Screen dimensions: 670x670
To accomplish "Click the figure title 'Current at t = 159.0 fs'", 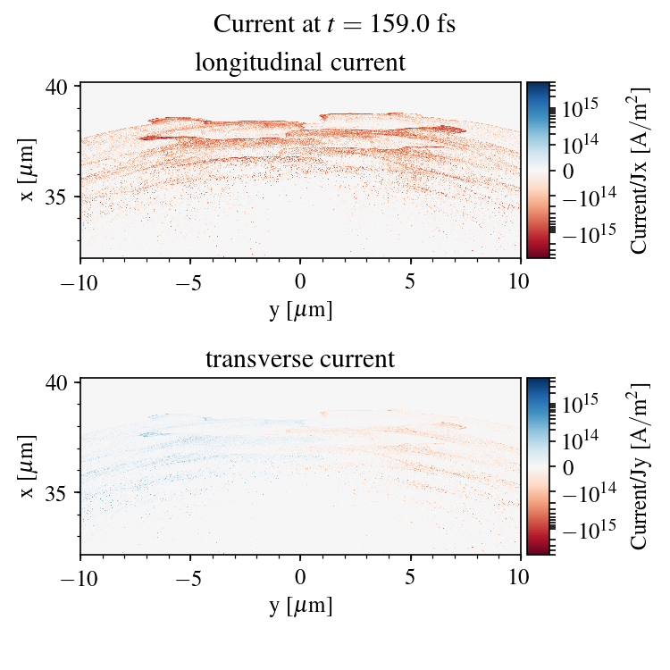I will (335, 24).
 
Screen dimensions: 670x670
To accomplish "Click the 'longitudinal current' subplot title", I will (300, 63).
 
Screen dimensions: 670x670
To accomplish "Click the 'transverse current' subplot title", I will (300, 360).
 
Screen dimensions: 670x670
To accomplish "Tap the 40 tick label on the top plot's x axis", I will (57, 87).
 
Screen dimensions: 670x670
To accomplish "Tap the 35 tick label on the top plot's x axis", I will (57, 196).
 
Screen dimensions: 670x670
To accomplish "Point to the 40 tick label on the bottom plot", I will (57, 383).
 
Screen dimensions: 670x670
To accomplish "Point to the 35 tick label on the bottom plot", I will (57, 492).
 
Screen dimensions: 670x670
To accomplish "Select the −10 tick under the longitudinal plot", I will (80, 282).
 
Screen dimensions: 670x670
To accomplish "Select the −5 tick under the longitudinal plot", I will (189, 282).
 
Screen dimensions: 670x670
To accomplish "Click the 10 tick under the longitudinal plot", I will (521, 282).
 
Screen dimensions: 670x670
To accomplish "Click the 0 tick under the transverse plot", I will (300, 579).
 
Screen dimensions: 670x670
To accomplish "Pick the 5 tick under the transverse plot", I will (411, 579).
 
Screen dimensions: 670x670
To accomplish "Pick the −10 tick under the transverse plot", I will (80, 579).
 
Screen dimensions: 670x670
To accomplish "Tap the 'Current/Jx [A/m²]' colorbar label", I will (640, 170).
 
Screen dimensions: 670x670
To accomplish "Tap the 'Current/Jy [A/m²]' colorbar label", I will (640, 466).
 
